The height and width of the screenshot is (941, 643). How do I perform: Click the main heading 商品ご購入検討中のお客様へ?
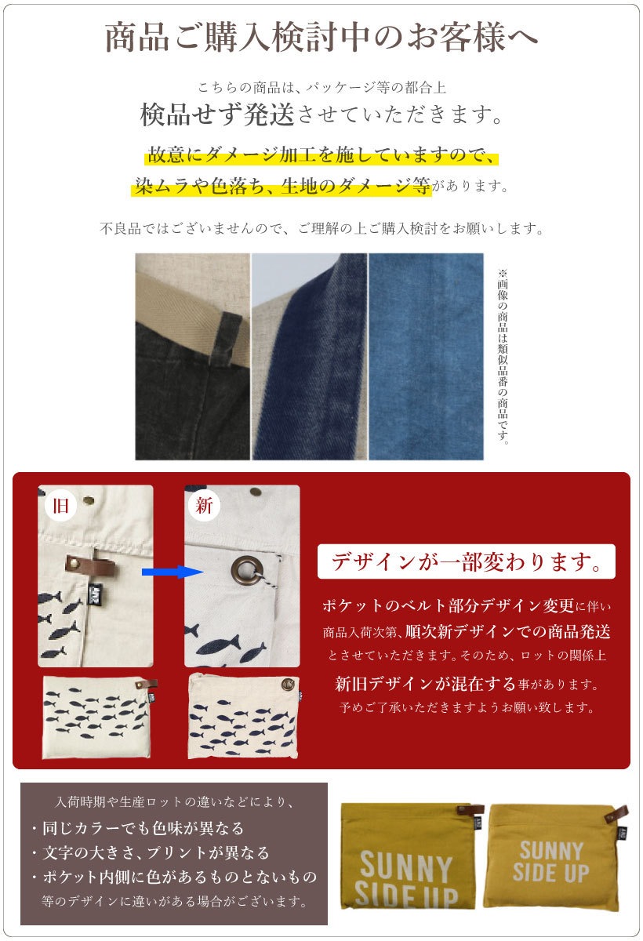pos(321,38)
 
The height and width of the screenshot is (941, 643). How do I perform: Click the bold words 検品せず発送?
pos(216,114)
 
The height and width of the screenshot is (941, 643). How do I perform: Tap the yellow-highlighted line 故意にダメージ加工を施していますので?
pos(321,154)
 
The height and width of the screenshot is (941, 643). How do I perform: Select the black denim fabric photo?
pos(192,356)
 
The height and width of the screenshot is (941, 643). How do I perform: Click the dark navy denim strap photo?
pos(309,356)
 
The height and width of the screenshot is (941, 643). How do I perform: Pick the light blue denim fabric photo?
pos(426,356)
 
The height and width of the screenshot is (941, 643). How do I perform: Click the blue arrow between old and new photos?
pos(173,572)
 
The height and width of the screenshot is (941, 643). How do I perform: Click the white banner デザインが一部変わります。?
pos(467,561)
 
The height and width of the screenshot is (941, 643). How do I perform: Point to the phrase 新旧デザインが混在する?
pos(424,684)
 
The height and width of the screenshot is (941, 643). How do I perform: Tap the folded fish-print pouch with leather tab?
pos(99,718)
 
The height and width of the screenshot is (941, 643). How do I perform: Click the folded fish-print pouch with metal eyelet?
pos(244,717)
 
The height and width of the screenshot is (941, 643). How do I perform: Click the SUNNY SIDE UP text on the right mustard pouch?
pos(550,861)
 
